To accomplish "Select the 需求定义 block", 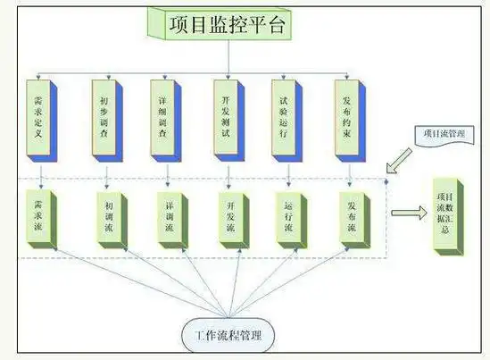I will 40,119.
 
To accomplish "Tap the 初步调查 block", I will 104,119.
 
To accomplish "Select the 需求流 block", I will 41,217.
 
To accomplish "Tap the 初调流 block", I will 105,217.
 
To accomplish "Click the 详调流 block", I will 167,217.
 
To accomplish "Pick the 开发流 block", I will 228,217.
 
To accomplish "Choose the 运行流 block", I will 288,217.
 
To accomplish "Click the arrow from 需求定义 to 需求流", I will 41,174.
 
